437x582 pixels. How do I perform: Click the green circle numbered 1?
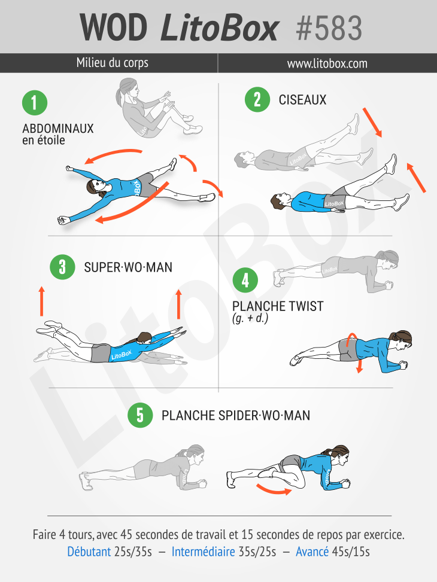pos(35,103)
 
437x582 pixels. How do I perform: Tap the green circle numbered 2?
pos(257,99)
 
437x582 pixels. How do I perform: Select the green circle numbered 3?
pos(62,267)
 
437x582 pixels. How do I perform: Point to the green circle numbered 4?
pos(245,281)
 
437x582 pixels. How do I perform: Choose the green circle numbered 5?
pos(140,415)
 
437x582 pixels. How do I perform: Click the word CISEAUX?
pos(302,100)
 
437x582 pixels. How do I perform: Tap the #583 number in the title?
pos(329,28)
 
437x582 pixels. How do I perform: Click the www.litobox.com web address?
pos(327,63)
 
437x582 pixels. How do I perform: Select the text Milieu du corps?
pos(112,63)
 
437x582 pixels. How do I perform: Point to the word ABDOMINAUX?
pos(58,129)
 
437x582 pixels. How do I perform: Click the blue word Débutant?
pos(89,551)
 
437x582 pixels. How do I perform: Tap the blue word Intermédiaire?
pos(203,551)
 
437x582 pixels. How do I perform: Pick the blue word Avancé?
pos(312,551)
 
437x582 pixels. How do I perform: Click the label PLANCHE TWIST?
pos(278,306)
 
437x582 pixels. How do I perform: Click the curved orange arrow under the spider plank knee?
pos(274,490)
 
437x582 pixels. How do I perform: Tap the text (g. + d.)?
pos(250,318)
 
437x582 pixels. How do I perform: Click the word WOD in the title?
pos(113,28)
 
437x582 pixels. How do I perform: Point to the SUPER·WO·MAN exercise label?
pos(128,267)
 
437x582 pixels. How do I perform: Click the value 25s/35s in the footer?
pos(133,551)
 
